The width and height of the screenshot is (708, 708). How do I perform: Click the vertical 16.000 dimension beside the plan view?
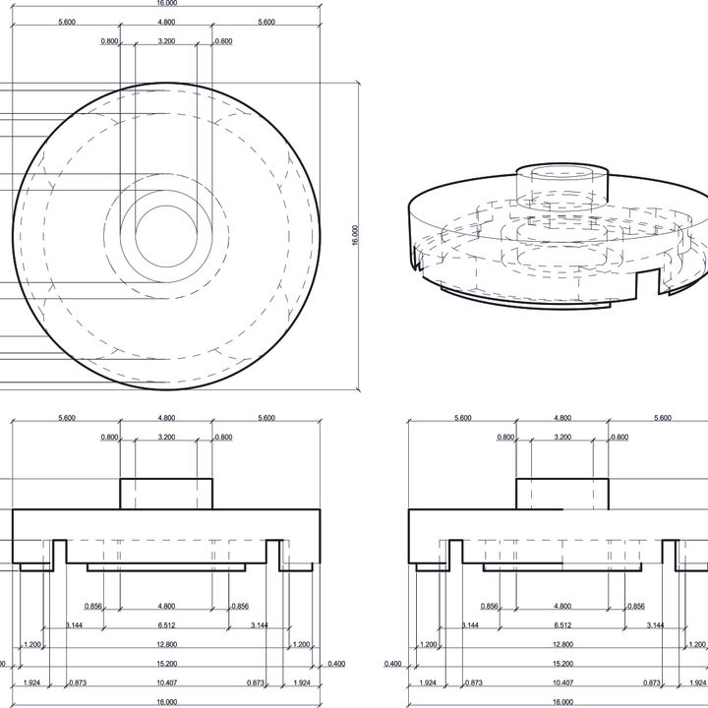[355, 236]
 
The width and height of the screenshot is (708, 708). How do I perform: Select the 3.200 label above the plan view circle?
[166, 41]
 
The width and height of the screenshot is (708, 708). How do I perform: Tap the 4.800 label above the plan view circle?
[166, 22]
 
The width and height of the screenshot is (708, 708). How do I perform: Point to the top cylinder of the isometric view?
[562, 183]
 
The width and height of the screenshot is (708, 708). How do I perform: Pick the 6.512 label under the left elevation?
[166, 625]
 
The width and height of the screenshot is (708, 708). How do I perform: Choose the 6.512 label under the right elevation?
[562, 625]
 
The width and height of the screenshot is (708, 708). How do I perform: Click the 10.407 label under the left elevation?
[166, 682]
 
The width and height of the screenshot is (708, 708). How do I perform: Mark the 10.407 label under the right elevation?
[562, 682]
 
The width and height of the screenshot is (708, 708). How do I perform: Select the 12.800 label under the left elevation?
[166, 644]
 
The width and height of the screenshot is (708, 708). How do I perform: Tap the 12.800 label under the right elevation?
[562, 644]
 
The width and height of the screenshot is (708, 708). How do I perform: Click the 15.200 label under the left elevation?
[166, 664]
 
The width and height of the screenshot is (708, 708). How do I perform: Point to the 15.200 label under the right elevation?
[562, 664]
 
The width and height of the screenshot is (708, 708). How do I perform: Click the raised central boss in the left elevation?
[166, 494]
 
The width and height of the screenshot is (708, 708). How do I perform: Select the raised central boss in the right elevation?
[562, 494]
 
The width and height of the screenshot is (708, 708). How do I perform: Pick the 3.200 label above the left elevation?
[166, 438]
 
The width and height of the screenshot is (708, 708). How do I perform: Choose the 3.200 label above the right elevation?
[562, 438]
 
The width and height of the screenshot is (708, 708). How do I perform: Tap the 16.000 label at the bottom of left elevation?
[166, 702]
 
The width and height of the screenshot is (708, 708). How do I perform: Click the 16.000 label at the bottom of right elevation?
[562, 702]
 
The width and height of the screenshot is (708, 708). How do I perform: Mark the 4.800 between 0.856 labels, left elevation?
[166, 607]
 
